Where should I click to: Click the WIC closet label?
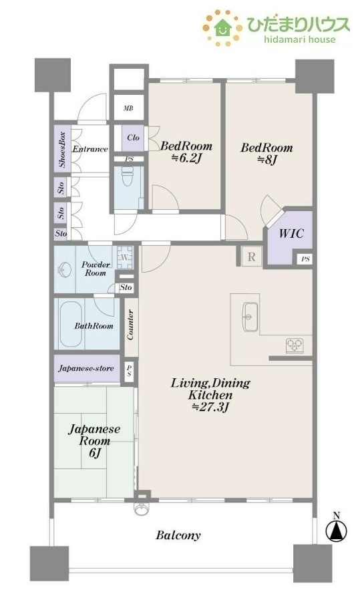click(x=291, y=233)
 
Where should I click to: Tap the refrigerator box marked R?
click(x=251, y=257)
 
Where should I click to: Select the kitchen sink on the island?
click(x=250, y=317)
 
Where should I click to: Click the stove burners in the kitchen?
click(x=295, y=345)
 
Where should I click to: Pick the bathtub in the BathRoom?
click(x=71, y=325)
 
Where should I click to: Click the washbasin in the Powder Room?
click(x=64, y=269)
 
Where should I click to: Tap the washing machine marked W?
click(x=124, y=258)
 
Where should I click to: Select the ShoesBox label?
click(x=62, y=150)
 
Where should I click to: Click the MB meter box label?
click(x=128, y=108)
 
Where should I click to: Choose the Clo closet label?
click(x=133, y=138)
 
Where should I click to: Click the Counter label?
click(x=130, y=324)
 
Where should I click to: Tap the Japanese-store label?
click(x=86, y=368)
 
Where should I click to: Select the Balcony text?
click(x=178, y=535)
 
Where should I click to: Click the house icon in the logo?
click(x=222, y=28)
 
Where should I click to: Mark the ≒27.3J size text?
click(x=210, y=407)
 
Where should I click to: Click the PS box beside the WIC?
click(x=305, y=259)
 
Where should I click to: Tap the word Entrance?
click(x=90, y=149)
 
